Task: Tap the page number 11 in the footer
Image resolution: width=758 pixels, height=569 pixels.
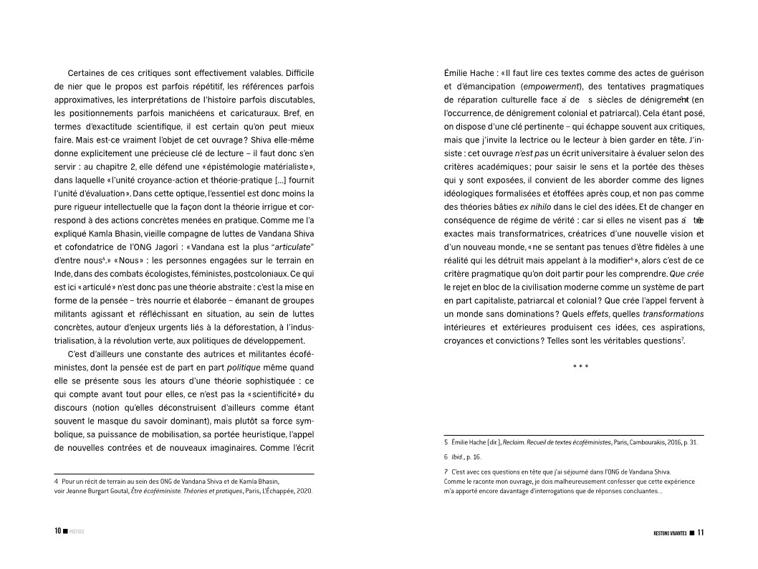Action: coord(701,532)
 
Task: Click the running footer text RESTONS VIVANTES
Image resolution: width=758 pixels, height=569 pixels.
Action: coord(670,533)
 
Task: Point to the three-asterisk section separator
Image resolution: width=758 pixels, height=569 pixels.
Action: coord(580,368)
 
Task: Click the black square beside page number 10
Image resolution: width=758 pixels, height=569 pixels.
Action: coord(65,532)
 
